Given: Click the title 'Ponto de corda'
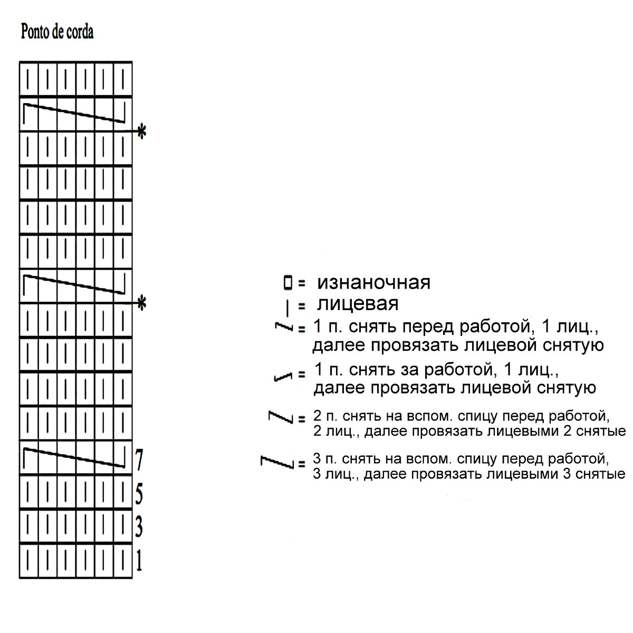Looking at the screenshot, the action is pos(57,32).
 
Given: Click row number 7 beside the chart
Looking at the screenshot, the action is pos(139,459).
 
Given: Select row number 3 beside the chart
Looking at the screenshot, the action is pos(139,526).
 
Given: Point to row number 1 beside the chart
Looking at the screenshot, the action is pos(139,561).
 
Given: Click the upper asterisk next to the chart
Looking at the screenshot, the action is pos(141,131).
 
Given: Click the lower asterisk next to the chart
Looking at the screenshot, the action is pos(141,303).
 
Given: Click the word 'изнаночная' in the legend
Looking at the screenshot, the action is pos(373,283).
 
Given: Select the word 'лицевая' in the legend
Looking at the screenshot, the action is pos(357,304).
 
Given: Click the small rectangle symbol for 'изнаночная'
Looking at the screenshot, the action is pos(287,283).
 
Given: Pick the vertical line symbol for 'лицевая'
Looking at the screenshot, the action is pos(287,307).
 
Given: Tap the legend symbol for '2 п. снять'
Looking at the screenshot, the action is pos(280,417).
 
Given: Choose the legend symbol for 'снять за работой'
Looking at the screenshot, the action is pos(284,377).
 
